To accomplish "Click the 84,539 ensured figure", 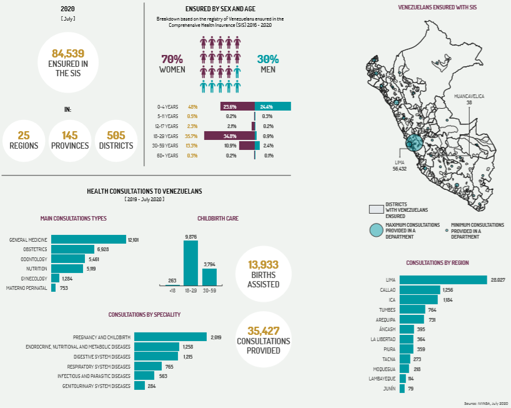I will (x=67, y=54).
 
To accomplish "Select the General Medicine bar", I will (x=88, y=239).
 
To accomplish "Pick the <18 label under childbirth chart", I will (x=171, y=290).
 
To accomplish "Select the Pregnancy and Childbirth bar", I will (x=171, y=337).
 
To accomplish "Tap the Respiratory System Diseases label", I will (x=99, y=366).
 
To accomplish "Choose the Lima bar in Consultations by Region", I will (x=443, y=280).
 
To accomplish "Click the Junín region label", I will (x=388, y=389).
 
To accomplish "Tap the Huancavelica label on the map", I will (x=469, y=96).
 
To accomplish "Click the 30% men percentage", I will (x=268, y=59).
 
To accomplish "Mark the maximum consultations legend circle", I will (x=375, y=230).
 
